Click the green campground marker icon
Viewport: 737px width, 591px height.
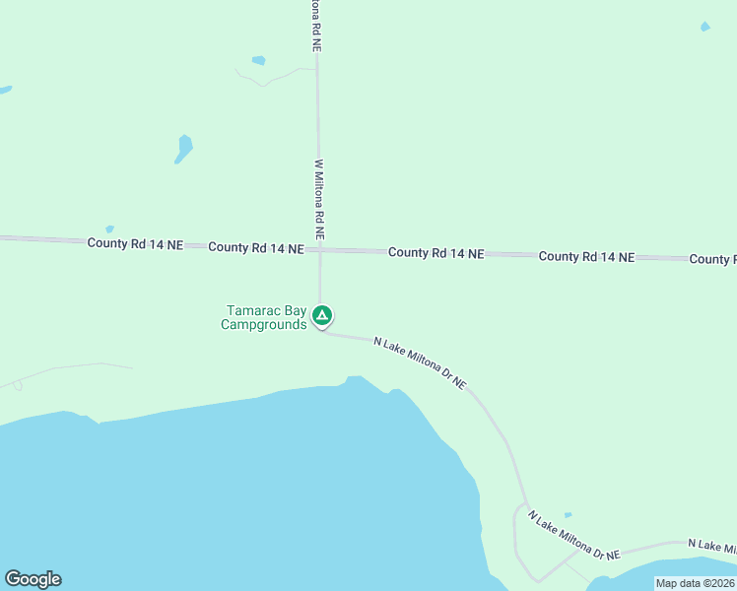(x=321, y=315)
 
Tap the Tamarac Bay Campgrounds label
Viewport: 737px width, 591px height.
(x=264, y=317)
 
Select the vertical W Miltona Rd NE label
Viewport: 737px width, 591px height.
(x=319, y=201)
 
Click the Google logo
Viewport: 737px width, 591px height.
(x=33, y=579)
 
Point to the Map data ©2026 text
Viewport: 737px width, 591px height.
(x=695, y=583)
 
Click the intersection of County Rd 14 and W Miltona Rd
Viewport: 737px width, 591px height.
(x=318, y=250)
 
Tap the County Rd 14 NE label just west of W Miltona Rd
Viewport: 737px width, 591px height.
(x=255, y=248)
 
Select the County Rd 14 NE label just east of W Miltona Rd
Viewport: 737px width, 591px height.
(x=435, y=253)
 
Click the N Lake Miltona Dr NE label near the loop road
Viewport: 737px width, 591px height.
(x=572, y=536)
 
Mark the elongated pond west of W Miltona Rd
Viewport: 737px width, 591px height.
(x=183, y=149)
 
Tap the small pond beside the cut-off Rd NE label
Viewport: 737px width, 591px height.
(x=258, y=60)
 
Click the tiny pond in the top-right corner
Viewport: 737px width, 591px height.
(x=704, y=27)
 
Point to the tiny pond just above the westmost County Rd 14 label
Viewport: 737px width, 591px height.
(x=109, y=230)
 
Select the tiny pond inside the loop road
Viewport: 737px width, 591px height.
(x=568, y=515)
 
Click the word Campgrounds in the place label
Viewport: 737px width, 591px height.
(x=264, y=324)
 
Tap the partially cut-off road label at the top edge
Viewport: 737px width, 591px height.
(x=314, y=26)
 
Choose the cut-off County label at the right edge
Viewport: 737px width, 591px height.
(x=712, y=259)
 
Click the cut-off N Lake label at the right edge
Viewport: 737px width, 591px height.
(x=710, y=546)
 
